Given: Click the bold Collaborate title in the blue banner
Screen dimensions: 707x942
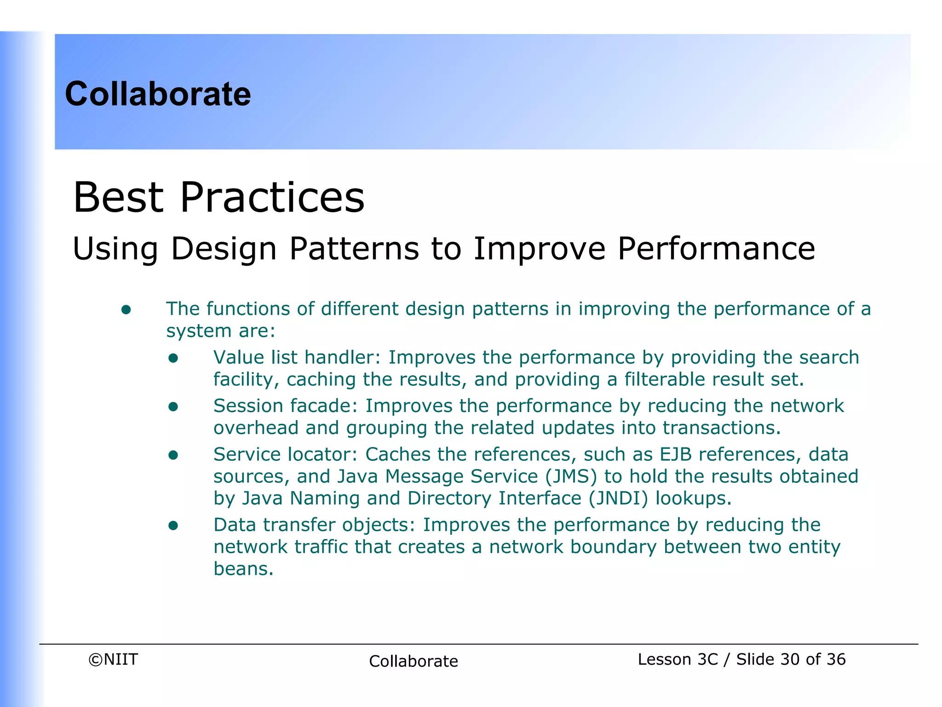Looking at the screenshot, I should [158, 94].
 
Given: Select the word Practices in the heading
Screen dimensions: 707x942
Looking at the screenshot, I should [272, 197].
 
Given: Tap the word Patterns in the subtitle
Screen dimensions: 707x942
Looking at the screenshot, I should [354, 249].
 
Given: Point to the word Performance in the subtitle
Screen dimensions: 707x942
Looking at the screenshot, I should [716, 249].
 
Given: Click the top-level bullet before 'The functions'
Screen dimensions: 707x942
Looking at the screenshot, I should [126, 310].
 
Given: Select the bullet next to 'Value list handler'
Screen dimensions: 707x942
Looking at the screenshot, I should [173, 358].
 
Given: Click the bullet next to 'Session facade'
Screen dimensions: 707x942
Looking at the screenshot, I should [173, 406].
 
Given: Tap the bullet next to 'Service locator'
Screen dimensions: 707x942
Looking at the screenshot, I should [173, 455].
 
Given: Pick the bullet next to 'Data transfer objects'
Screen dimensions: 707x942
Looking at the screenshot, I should [173, 526].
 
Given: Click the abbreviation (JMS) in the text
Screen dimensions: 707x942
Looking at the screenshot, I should [571, 477].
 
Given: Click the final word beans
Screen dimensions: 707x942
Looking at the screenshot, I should [243, 569].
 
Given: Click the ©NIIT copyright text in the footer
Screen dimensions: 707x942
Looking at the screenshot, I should [113, 660].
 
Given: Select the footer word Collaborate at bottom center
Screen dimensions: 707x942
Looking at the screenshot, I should [413, 661].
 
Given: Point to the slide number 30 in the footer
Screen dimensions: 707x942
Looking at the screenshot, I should [790, 660].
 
